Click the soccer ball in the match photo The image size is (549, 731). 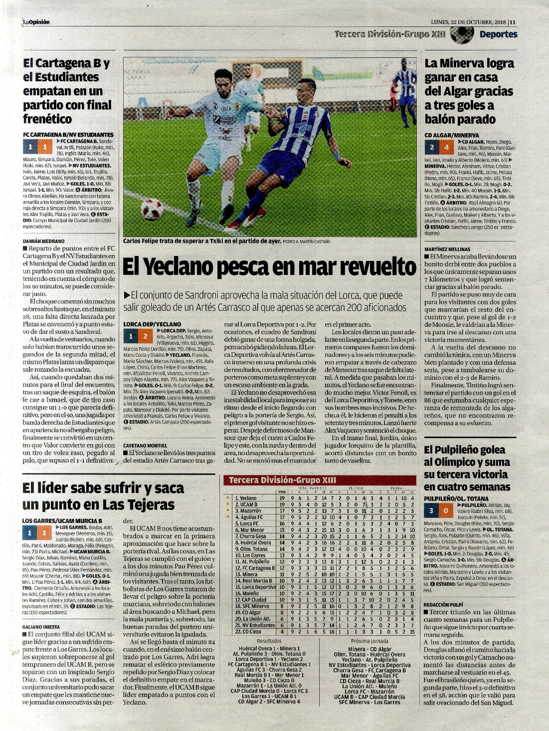pos(152,209)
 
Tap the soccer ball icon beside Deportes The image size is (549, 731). pos(461,34)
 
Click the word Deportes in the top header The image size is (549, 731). pos(498,34)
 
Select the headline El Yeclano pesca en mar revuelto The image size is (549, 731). pos(269,266)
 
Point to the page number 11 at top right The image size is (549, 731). pos(513,22)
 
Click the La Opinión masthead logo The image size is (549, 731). pos(36,22)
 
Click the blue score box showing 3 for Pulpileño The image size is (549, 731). pos(431,510)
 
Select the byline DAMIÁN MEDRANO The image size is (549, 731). pos(44,241)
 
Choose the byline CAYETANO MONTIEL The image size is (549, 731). pos(145,446)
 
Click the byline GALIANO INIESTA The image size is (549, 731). pos(41,627)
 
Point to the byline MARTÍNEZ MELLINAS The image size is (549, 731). pos(447,249)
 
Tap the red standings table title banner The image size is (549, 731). pos(320,480)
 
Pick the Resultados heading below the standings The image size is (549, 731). pos(269,641)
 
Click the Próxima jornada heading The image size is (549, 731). pos(369,641)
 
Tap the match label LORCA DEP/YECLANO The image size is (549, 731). pos(152,324)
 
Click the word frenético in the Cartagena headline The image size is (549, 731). pos(47,119)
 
